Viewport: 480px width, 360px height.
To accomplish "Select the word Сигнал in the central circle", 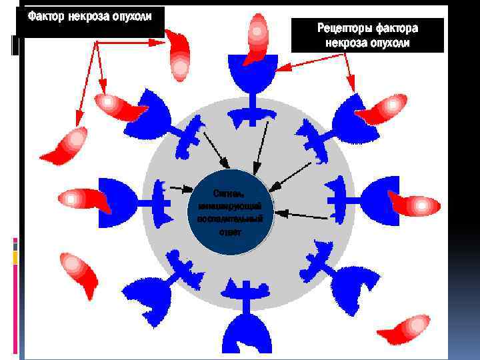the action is point(230,194).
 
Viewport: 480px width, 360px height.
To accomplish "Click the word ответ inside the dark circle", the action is point(230,231).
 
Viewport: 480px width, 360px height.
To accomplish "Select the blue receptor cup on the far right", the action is point(377,197).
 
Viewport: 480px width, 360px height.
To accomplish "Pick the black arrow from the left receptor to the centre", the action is point(176,188).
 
